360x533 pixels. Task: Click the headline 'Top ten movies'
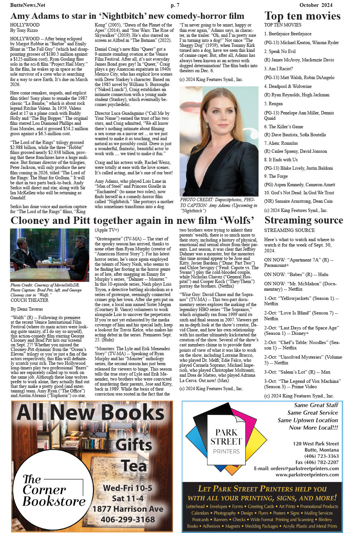302,16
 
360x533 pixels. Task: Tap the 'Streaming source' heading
304,220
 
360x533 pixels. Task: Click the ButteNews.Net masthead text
27,5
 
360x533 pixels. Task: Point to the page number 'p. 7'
175,5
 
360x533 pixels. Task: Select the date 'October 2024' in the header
316,5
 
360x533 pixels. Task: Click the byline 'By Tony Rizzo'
24,30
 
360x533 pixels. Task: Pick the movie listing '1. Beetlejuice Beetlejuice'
288,34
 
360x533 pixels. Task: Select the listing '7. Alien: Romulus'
281,143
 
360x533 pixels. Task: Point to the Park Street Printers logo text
226,441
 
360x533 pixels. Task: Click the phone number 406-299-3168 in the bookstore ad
128,520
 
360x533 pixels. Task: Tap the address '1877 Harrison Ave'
128,509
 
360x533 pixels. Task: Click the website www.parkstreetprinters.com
307,475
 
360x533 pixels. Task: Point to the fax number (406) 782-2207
317,462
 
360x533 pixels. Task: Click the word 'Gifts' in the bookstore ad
134,445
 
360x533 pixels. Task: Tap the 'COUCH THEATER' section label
30,300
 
